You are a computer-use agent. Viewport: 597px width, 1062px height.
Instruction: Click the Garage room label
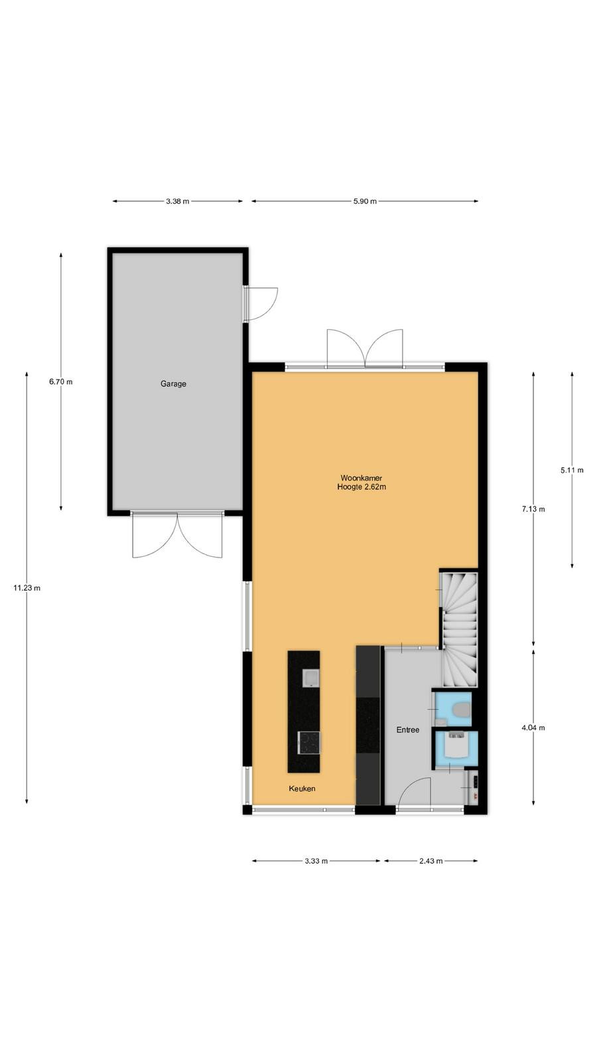173,384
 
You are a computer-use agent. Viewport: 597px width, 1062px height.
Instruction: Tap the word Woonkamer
361,478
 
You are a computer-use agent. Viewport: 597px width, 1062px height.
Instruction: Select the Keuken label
302,789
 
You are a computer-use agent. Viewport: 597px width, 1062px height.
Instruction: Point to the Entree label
407,730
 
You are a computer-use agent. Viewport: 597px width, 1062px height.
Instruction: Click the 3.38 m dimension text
177,202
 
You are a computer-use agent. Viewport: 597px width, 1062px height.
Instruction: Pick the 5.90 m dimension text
365,202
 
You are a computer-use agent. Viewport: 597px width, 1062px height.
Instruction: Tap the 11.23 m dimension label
27,588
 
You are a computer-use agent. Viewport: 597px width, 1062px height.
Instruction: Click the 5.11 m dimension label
572,471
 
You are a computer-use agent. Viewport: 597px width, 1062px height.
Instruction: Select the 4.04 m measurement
533,727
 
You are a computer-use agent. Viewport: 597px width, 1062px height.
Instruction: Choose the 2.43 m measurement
431,861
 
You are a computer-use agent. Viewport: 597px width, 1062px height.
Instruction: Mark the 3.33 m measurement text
316,861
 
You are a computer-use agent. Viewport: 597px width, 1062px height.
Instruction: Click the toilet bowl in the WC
462,710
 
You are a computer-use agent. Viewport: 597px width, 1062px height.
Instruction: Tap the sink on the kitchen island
311,678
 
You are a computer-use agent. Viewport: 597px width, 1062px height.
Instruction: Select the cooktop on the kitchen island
308,743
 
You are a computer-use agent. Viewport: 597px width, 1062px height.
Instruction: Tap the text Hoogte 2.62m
362,487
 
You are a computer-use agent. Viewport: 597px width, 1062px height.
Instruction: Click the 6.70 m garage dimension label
60,382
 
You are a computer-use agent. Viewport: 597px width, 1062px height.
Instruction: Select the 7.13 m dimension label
533,509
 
